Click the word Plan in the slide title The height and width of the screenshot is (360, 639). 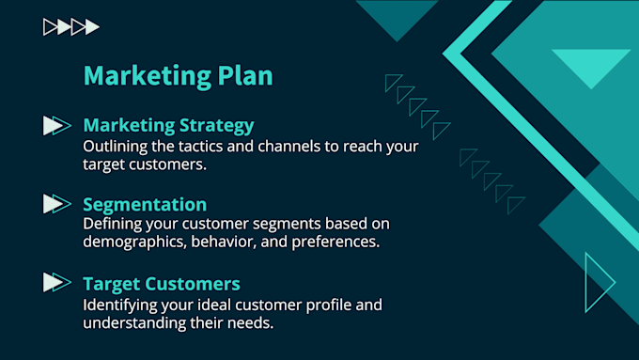(242, 74)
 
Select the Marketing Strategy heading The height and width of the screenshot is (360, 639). (168, 125)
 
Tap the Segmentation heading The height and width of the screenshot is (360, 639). (145, 204)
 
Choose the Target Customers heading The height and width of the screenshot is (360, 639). (162, 283)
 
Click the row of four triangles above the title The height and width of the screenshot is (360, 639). (71, 27)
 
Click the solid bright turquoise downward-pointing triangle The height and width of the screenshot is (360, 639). (590, 66)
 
